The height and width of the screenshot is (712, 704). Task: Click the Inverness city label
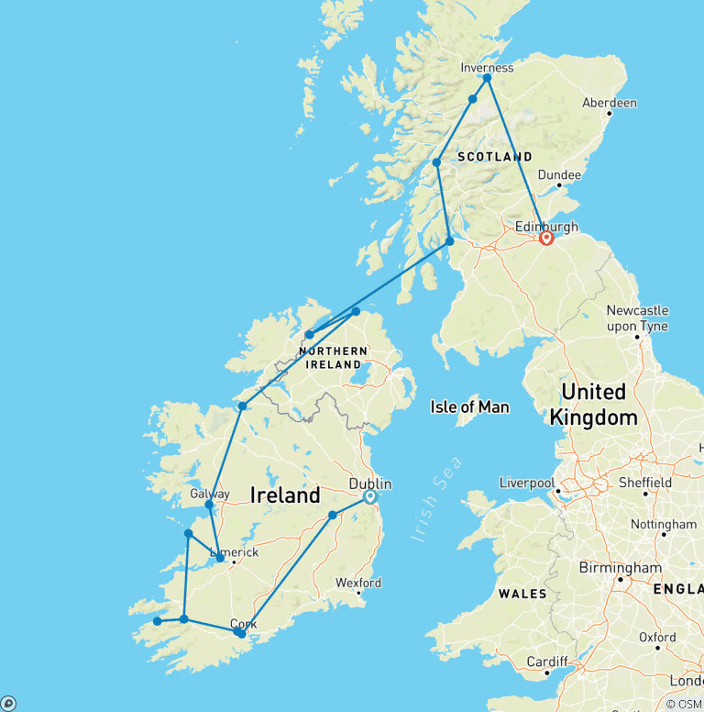tap(487, 67)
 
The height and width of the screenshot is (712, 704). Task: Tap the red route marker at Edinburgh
tap(546, 239)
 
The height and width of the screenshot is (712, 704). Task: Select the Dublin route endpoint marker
tap(369, 497)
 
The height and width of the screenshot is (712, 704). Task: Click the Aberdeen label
tap(610, 103)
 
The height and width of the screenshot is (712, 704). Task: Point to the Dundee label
tap(559, 174)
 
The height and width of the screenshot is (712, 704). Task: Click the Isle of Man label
tap(470, 406)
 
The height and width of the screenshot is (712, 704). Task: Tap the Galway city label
tap(210, 494)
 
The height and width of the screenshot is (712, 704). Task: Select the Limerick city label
tap(235, 552)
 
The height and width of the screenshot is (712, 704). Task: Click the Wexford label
tap(358, 583)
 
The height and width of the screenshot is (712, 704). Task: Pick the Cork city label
tap(243, 624)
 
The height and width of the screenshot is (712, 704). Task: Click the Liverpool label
tap(527, 483)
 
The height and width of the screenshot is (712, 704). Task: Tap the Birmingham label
tap(620, 568)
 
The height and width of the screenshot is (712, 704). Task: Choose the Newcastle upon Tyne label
tap(637, 318)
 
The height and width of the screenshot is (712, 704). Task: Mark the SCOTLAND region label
tap(494, 157)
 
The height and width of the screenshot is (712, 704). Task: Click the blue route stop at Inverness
tap(488, 78)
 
